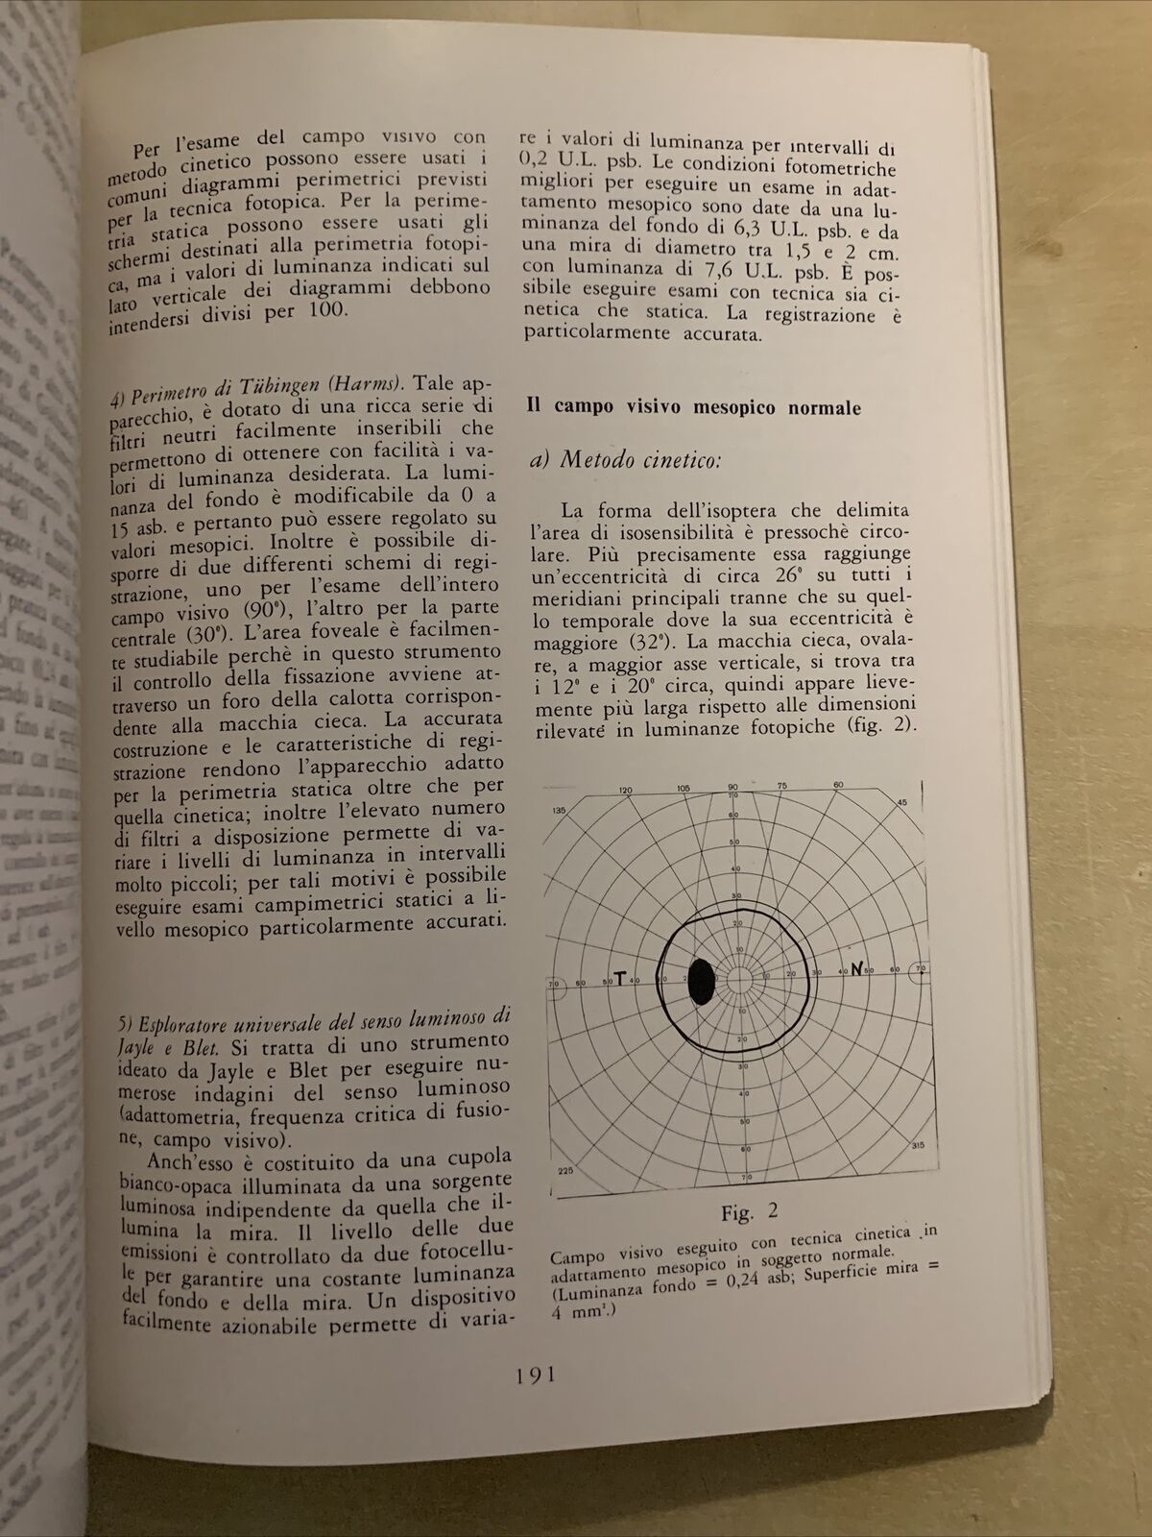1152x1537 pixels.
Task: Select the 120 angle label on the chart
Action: click(626, 790)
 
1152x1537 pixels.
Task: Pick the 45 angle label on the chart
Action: click(901, 803)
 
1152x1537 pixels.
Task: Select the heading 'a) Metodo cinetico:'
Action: click(624, 460)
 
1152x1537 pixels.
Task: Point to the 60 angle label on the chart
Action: click(838, 785)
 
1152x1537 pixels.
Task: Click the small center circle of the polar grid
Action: click(739, 978)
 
